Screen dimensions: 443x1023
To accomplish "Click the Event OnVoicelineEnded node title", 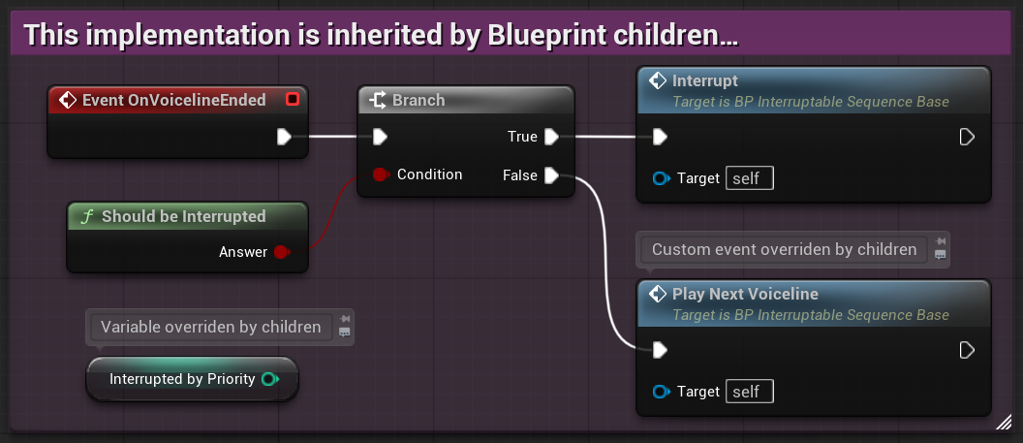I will [173, 100].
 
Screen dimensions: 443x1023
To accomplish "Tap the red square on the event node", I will [293, 99].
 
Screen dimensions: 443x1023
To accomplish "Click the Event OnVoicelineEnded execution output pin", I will [284, 137].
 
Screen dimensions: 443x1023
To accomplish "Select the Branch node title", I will [418, 100].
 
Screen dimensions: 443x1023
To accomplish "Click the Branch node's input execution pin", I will [381, 137].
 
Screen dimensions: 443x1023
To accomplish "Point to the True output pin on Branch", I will [551, 137].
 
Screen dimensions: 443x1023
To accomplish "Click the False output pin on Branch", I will [551, 175].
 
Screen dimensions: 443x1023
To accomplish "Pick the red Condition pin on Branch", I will [381, 175].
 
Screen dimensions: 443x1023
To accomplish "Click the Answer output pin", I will [281, 252].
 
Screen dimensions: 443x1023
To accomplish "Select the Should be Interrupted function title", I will [183, 216].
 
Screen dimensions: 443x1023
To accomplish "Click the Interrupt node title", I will [704, 80].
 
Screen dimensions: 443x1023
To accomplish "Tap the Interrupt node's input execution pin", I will [660, 137].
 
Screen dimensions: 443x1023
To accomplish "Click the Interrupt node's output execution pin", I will [966, 137].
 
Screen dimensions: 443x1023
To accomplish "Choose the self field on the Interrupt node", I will [749, 178].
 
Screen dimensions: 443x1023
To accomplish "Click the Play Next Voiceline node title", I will [745, 294].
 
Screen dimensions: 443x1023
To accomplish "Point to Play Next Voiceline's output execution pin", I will [966, 350].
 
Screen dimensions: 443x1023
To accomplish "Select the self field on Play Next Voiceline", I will [749, 392].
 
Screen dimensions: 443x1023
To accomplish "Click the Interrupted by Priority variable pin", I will [270, 379].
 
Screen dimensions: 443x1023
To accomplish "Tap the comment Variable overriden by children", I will [210, 327].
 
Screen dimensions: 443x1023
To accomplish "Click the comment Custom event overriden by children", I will [784, 249].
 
